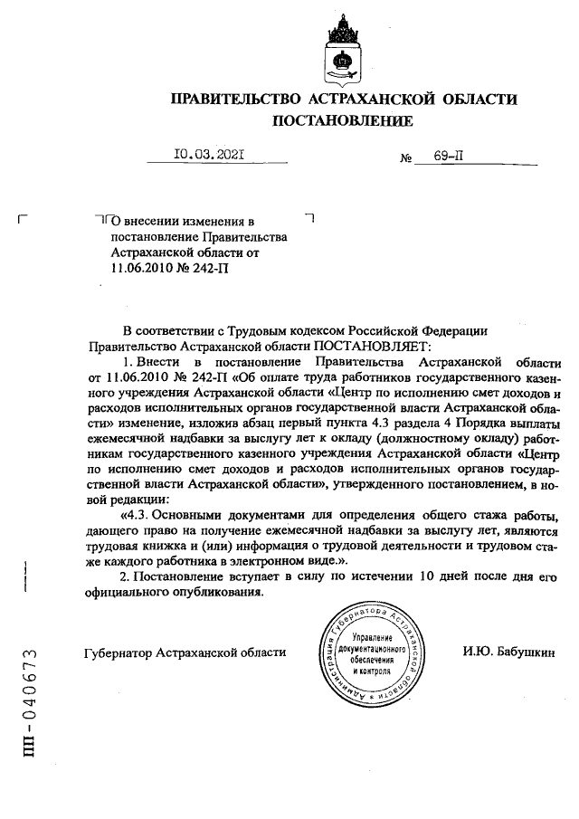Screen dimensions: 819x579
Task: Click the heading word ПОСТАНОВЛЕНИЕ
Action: point(343,119)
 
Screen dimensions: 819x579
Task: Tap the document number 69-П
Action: point(449,156)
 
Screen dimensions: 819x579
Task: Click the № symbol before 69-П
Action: point(406,157)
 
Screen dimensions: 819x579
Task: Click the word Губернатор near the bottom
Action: point(117,652)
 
